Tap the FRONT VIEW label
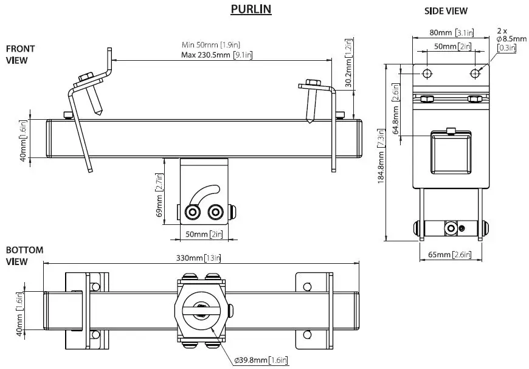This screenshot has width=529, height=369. click(x=20, y=54)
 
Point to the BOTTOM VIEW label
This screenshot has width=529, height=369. click(x=24, y=255)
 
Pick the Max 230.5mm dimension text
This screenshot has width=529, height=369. click(x=217, y=55)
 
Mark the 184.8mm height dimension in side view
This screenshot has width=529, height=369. click(x=381, y=153)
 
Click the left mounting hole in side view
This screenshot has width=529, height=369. click(x=427, y=73)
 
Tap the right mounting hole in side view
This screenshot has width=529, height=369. click(x=475, y=73)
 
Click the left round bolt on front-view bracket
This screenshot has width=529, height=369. click(x=194, y=212)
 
